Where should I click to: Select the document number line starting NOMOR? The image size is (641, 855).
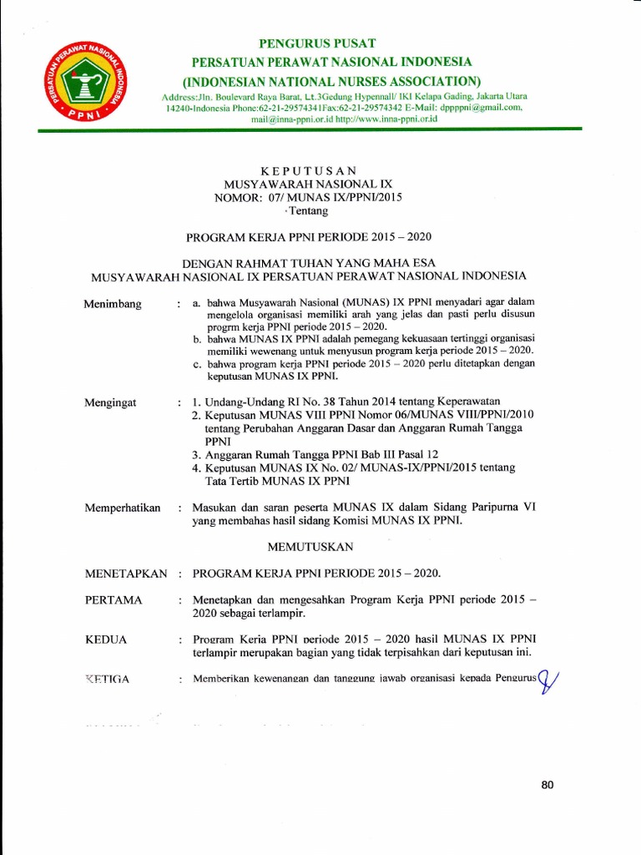310,197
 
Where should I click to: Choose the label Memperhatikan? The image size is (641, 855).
122,508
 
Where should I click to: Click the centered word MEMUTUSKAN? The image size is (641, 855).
310,546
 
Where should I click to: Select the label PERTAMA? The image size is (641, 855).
114,600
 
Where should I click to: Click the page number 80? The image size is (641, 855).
548,785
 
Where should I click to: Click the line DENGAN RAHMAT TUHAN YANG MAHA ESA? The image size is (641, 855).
310,261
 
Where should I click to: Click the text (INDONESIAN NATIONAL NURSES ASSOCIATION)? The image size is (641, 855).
331,80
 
